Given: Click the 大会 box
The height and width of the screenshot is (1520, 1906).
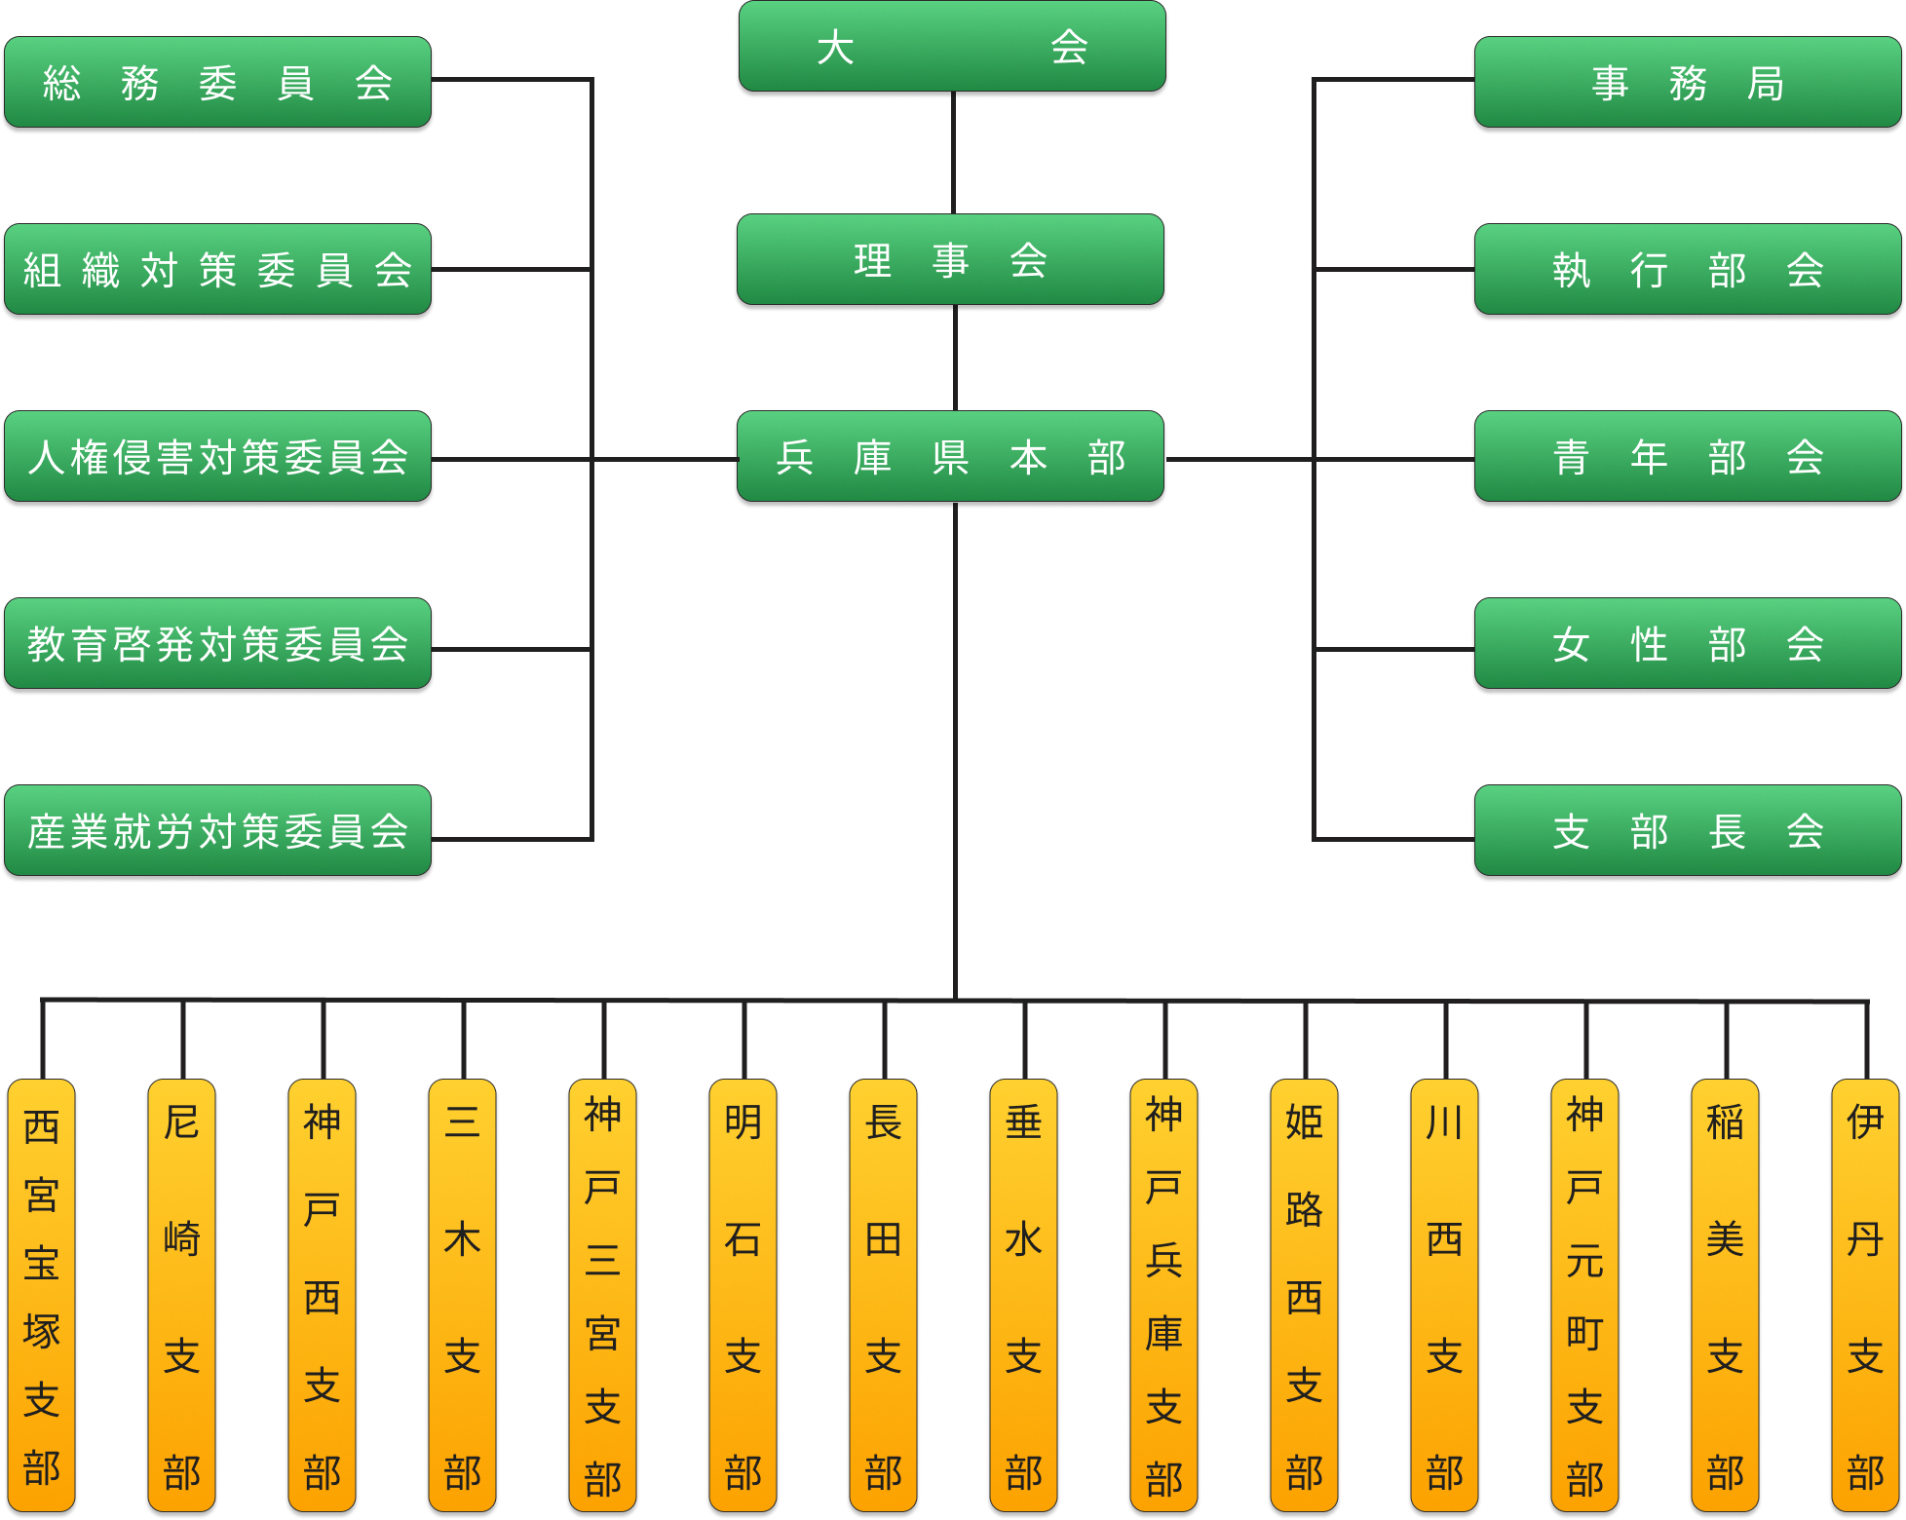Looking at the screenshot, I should click(952, 47).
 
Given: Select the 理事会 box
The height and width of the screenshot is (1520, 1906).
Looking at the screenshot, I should click(950, 260).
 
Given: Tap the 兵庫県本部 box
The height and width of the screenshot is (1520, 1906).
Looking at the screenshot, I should click(950, 457).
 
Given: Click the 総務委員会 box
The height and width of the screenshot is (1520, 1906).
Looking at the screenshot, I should click(217, 83).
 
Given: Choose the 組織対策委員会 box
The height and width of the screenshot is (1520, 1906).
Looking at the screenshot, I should click(217, 270).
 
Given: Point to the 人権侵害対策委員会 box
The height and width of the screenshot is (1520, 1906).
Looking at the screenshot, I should click(217, 457).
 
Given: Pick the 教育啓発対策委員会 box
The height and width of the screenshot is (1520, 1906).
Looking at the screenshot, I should click(217, 644).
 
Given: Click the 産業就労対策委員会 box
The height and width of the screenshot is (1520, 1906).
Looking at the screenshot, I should click(217, 831).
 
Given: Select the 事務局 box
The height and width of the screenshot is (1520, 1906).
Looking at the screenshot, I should click(1688, 83).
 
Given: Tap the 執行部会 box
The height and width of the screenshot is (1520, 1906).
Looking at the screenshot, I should click(1688, 270).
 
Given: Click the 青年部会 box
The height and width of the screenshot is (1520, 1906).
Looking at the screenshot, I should click(1688, 457).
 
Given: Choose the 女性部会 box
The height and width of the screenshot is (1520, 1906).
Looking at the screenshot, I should click(1688, 644).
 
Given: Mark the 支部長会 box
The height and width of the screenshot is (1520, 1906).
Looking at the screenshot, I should click(1688, 831).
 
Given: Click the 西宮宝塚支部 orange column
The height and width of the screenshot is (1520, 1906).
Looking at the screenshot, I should click(42, 1296).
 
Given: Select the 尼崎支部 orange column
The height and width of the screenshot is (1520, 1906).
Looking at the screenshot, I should click(182, 1296).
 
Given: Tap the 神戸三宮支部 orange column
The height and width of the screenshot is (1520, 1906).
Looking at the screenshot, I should click(603, 1296).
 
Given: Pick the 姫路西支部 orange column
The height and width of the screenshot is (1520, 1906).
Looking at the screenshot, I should click(1305, 1296).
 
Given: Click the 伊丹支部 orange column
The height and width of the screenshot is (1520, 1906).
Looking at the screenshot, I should click(1866, 1296).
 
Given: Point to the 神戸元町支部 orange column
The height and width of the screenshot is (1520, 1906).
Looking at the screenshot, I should click(1585, 1296).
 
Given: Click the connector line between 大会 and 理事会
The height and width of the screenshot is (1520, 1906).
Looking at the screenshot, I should click(953, 153).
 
